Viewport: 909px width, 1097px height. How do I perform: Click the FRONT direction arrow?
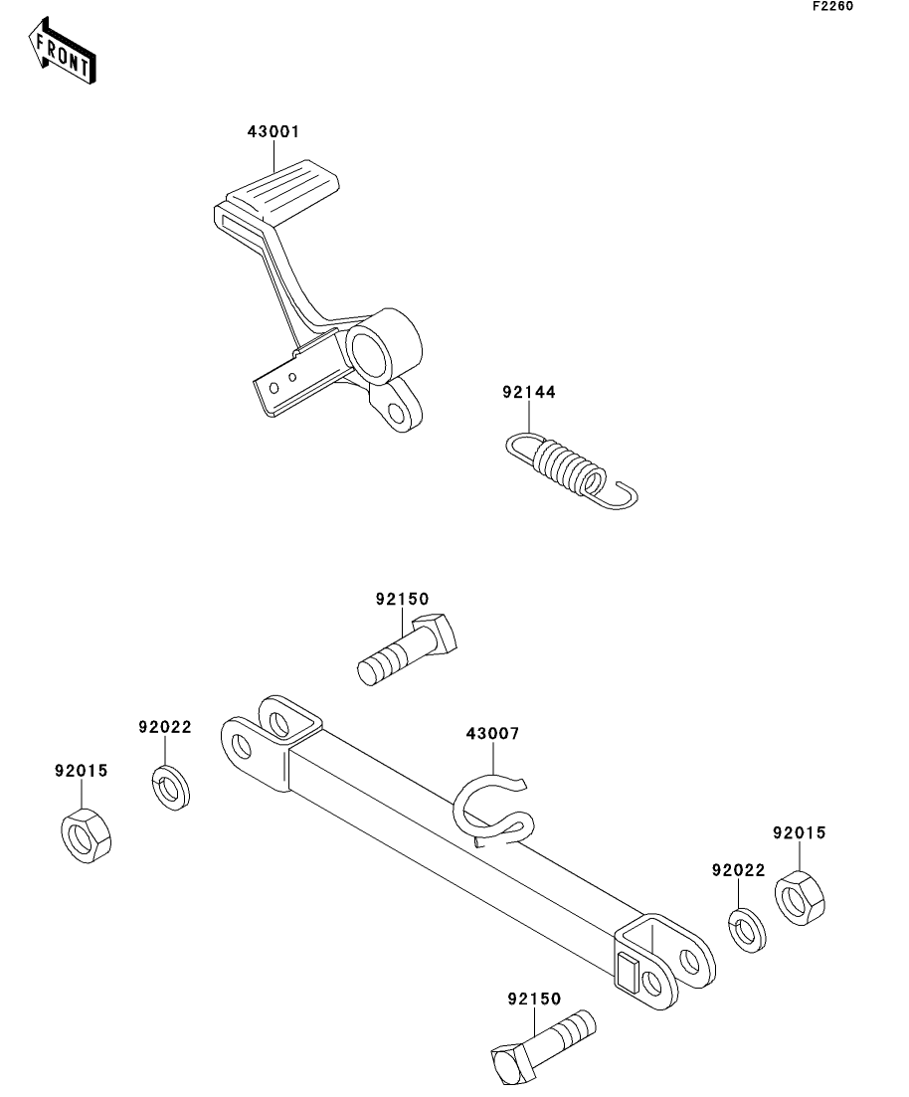point(62,51)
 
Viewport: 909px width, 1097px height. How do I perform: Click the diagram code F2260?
point(832,6)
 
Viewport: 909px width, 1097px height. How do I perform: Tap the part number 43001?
point(273,131)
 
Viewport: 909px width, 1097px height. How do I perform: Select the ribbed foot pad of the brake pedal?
point(283,189)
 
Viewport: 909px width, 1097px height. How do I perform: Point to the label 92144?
point(529,393)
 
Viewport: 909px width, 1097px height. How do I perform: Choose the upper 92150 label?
point(403,600)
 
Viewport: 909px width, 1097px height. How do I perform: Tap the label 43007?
point(492,734)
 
